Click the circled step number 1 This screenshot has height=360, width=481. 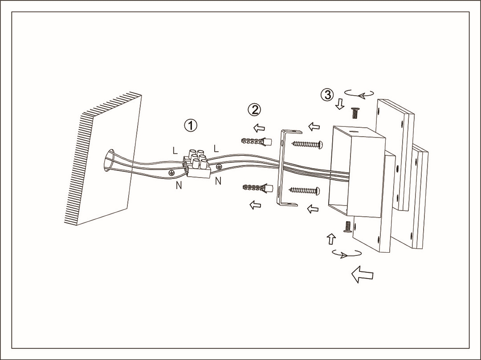[x=191, y=125]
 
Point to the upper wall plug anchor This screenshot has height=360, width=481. [x=256, y=142]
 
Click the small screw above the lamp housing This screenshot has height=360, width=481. [x=355, y=113]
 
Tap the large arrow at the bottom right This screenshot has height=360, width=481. [x=362, y=274]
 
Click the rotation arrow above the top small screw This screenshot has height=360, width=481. [x=360, y=94]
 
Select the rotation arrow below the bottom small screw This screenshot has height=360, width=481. [x=346, y=254]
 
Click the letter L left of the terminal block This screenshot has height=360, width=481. [x=175, y=150]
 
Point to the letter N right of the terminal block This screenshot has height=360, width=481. [x=218, y=181]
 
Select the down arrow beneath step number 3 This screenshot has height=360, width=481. [x=340, y=104]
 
